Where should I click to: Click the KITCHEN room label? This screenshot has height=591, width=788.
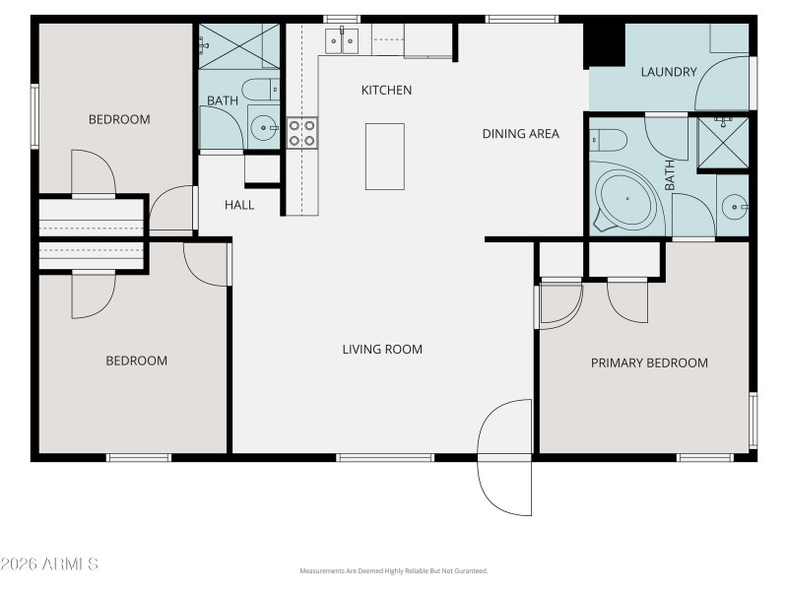pos(386,91)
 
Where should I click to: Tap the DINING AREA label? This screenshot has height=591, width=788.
pos(520,134)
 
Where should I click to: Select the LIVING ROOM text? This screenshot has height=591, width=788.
pos(382,349)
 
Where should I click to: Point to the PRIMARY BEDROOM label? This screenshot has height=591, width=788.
pos(649,362)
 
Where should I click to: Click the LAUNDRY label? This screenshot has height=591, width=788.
pos(669,72)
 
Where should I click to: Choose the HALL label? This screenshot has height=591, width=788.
pos(239,205)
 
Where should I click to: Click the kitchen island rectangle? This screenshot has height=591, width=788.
pos(385,156)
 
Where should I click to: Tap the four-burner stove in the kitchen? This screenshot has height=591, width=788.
pos(302,132)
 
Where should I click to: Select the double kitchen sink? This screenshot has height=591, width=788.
pos(343,40)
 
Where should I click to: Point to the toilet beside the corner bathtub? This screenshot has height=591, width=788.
pos(607,137)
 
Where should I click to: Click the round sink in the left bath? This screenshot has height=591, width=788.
pos(262,126)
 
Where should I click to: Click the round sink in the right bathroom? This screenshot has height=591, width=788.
pos(734,207)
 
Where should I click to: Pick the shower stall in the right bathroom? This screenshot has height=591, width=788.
pos(723,142)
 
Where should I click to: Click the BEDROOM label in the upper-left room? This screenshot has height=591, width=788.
pos(119,120)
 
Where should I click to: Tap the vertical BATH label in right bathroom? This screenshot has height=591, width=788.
pos(670,175)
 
